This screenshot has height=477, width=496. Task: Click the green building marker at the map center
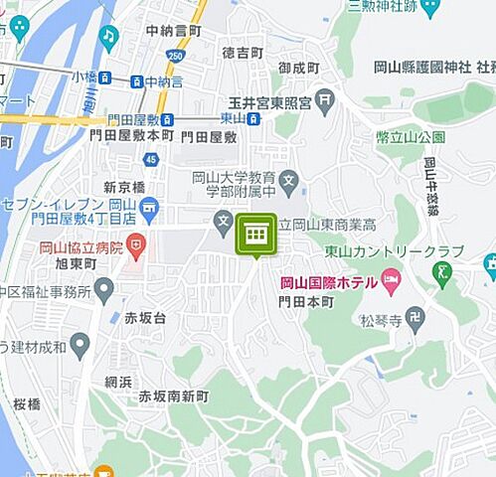point(255,234)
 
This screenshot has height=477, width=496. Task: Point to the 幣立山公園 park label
point(410,136)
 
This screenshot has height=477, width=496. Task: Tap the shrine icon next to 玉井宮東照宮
point(325,100)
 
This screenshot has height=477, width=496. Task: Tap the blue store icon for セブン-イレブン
point(148,207)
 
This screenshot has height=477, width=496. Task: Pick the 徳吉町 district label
point(243,51)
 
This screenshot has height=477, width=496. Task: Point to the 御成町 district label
point(298,68)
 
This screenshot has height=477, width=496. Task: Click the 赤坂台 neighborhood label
point(145,317)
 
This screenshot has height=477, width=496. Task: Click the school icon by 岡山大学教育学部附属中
point(288,181)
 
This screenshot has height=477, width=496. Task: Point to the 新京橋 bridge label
point(124,187)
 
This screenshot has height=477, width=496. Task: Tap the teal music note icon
point(108,36)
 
